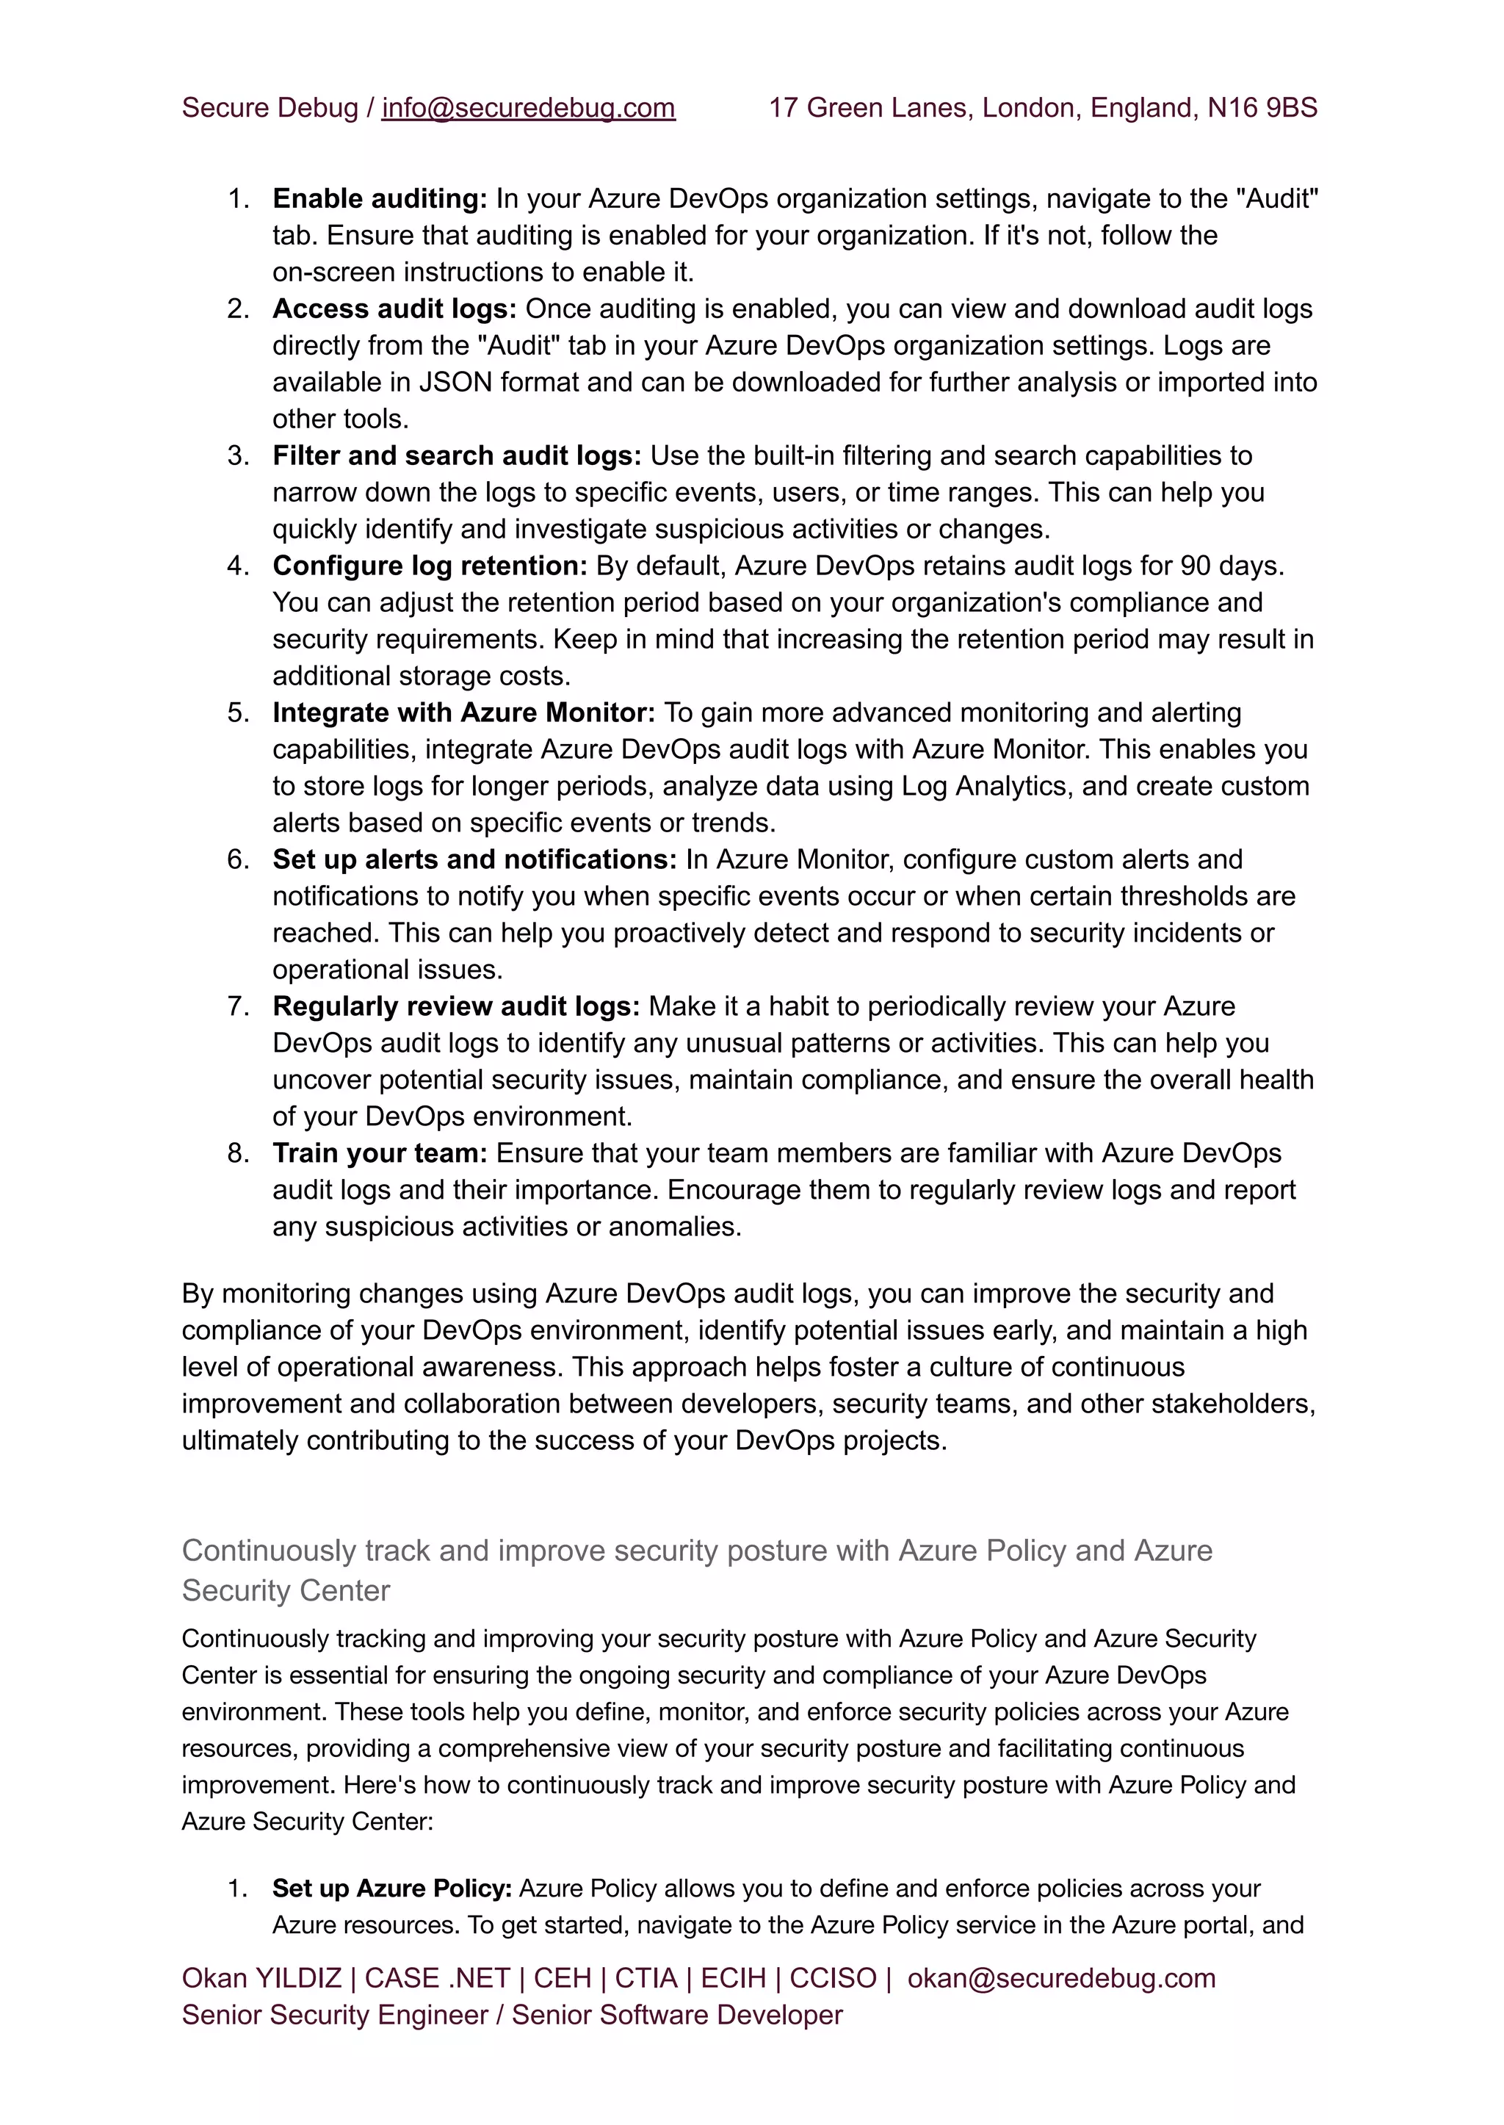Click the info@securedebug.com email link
[x=528, y=109]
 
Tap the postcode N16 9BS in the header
[x=1262, y=109]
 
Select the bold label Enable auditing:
[x=380, y=199]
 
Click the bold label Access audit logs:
[x=394, y=309]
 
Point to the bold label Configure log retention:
[x=430, y=566]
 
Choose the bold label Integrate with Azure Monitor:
[x=463, y=713]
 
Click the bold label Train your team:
[x=380, y=1153]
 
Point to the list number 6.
[x=238, y=859]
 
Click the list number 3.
[x=238, y=455]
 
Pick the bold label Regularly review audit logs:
[x=455, y=1007]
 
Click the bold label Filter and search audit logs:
[x=457, y=455]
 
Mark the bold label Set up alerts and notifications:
[x=474, y=859]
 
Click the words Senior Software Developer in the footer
[x=677, y=2016]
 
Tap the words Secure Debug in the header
[x=270, y=109]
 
